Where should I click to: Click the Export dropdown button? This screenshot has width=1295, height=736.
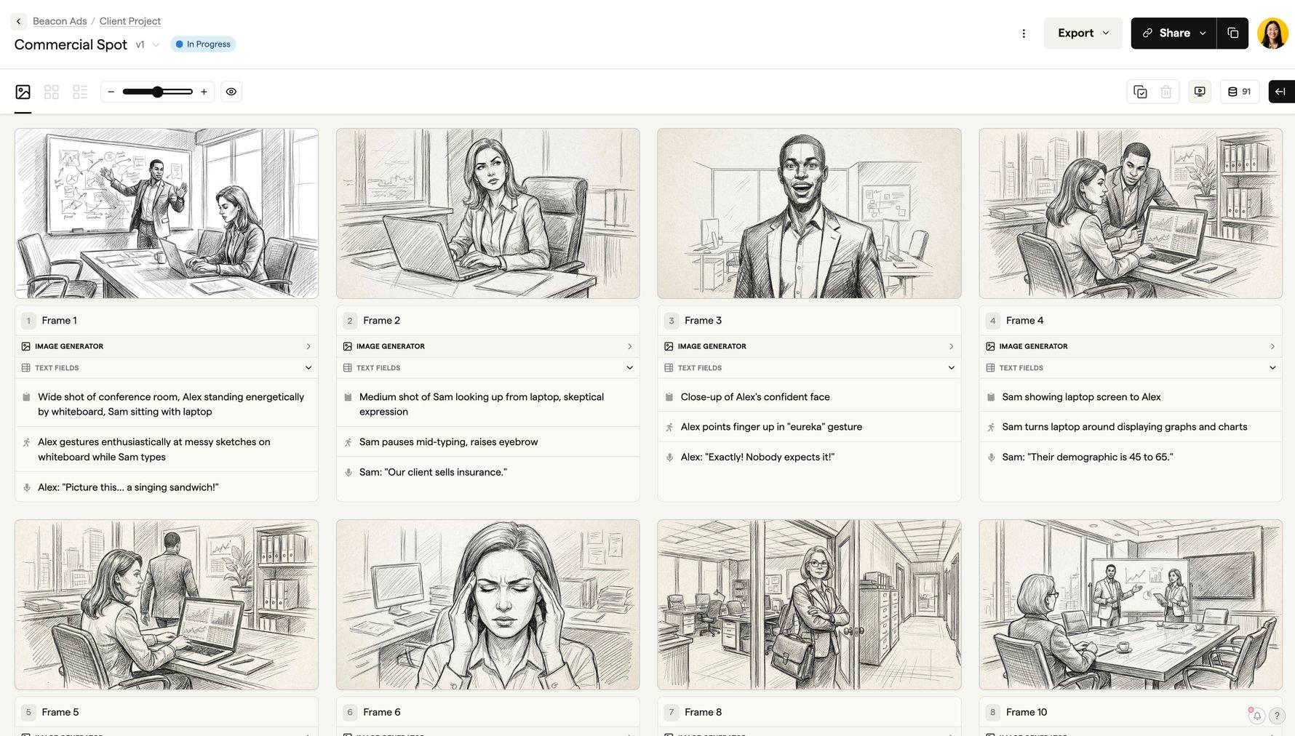click(1083, 33)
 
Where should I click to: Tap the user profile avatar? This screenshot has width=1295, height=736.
click(1272, 33)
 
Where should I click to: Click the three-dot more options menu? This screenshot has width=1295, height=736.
click(1024, 33)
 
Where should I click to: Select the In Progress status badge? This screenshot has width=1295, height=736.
click(203, 44)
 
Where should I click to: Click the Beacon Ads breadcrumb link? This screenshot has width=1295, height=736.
click(60, 21)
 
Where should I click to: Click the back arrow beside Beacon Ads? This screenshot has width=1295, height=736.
click(19, 21)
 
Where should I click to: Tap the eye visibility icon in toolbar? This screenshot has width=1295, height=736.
click(231, 92)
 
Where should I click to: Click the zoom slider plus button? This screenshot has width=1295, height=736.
click(204, 92)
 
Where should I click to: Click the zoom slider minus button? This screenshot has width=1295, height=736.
click(111, 92)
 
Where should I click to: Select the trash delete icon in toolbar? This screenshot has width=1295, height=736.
click(1166, 92)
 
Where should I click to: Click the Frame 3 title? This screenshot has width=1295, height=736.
click(703, 321)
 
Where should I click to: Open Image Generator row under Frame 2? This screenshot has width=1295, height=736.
click(487, 346)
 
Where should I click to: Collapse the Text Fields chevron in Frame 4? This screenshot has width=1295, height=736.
click(1272, 368)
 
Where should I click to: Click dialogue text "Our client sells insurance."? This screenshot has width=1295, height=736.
click(433, 473)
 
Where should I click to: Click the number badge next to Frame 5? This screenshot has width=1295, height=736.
click(28, 713)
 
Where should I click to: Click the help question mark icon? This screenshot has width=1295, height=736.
click(1277, 716)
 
